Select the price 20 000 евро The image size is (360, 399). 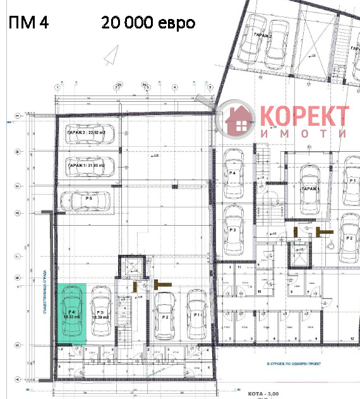point(148,23)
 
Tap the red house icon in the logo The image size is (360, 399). point(238,120)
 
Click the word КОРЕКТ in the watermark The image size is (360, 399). point(304,116)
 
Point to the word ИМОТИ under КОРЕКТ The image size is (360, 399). point(304,133)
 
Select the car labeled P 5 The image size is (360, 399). point(88,200)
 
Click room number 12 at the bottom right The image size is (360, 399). point(351,339)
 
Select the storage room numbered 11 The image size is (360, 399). point(239,268)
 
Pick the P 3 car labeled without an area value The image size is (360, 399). point(233,230)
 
